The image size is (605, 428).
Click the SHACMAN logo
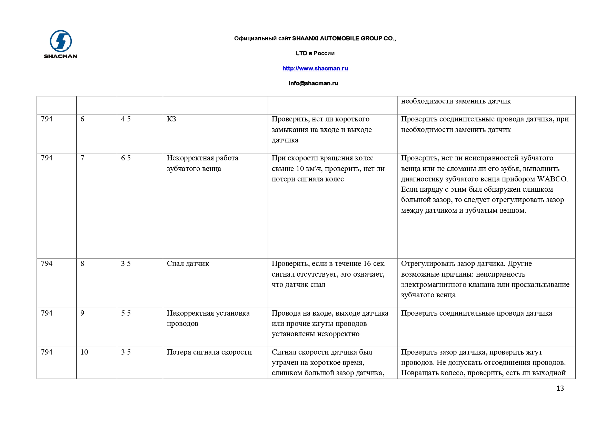61,44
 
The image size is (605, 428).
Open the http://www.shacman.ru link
315,68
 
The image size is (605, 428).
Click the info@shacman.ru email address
313,83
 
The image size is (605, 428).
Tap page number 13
560,388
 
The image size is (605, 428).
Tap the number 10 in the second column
84,352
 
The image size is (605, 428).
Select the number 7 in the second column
82,158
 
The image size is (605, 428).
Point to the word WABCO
552,179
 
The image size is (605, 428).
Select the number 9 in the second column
82,313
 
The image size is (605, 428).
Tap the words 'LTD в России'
315,53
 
